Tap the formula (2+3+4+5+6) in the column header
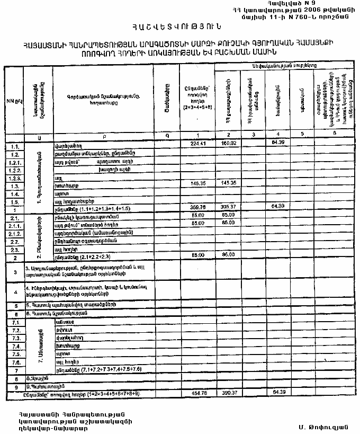pyautogui.click(x=197, y=107)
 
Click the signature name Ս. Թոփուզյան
pyautogui.click(x=322, y=426)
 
